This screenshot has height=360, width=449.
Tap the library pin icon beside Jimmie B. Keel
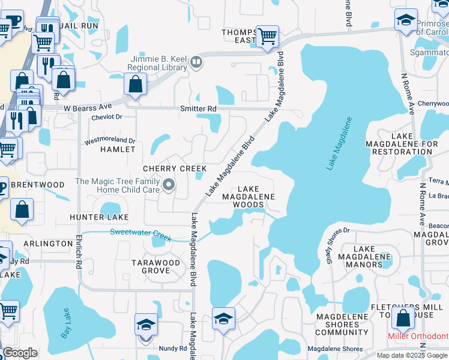[196, 62]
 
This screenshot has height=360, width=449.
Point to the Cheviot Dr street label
[107, 117]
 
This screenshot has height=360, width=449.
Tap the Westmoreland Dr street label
[109, 141]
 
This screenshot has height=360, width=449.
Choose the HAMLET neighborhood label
[118, 149]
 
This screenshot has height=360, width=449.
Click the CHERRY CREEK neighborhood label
[175, 169]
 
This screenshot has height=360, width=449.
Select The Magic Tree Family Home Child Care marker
[169, 185]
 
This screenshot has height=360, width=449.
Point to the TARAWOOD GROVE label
[155, 266]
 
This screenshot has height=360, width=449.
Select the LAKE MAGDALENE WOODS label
[249, 196]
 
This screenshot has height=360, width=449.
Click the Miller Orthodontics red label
[418, 336]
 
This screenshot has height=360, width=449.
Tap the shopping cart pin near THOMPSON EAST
[267, 36]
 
